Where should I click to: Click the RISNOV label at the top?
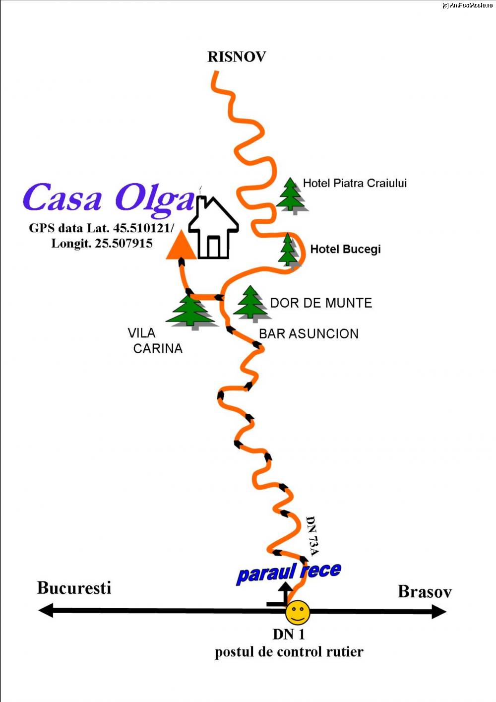click(x=237, y=57)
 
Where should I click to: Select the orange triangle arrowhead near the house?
click(x=181, y=246)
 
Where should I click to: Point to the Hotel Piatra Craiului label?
click(x=355, y=183)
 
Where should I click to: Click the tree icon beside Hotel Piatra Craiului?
click(x=291, y=195)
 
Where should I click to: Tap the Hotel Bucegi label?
click(x=345, y=249)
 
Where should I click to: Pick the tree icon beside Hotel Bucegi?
click(x=288, y=250)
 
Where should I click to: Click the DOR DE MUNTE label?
click(x=321, y=303)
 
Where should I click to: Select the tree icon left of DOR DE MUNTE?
click(x=250, y=303)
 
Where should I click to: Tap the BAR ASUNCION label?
click(x=309, y=333)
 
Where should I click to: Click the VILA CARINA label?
click(x=155, y=340)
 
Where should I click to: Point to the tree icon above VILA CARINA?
click(x=190, y=312)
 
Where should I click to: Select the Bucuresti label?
click(x=74, y=588)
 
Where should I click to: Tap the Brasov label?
click(x=425, y=592)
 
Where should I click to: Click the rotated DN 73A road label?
click(x=312, y=536)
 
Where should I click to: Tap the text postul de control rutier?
click(x=289, y=652)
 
